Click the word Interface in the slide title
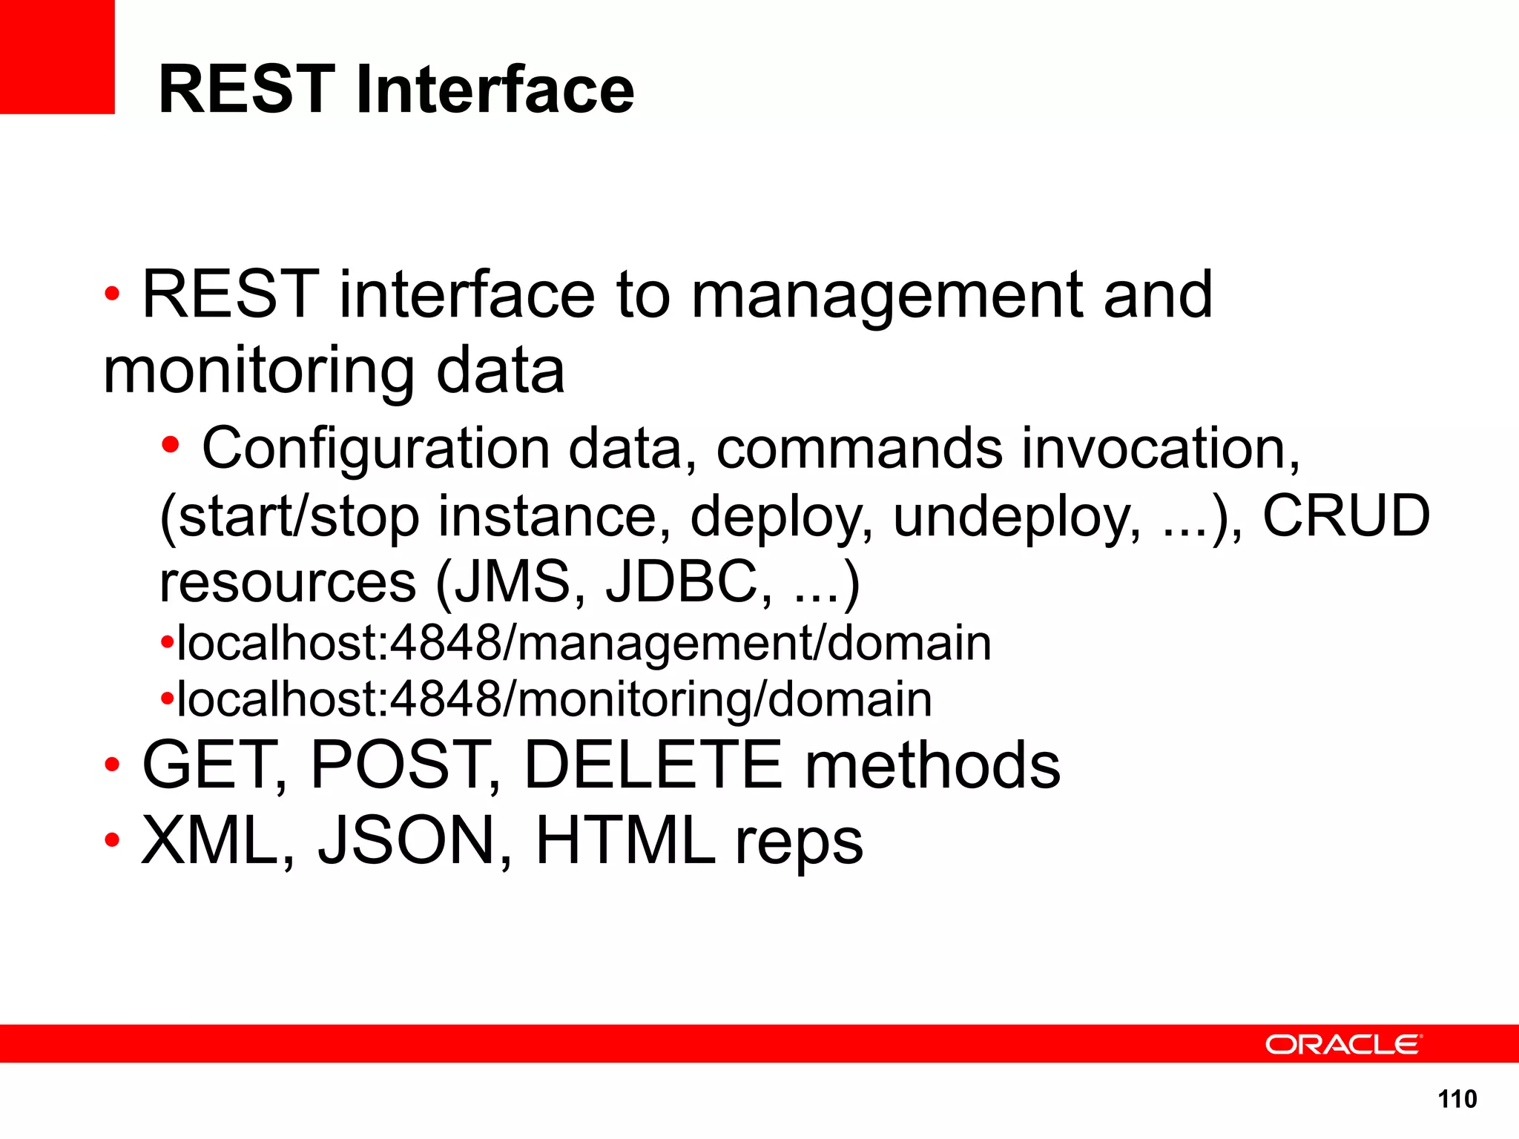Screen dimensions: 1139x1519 [x=495, y=90]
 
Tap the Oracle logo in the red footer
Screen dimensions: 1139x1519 [x=1343, y=1044]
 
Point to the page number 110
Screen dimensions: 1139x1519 [x=1457, y=1099]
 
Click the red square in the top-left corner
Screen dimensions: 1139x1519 [x=57, y=56]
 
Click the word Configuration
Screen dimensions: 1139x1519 [x=375, y=449]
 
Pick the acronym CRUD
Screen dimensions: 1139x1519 [x=1346, y=516]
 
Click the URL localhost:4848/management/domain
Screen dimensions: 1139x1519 [x=584, y=643]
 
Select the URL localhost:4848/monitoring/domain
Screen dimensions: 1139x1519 [x=554, y=699]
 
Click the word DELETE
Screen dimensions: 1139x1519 [x=653, y=765]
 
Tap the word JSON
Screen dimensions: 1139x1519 [x=405, y=841]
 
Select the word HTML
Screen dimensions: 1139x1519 [x=625, y=841]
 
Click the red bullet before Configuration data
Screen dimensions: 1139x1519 [x=171, y=445]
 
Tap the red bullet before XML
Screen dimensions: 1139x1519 [x=112, y=840]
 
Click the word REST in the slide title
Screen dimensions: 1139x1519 [x=247, y=90]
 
